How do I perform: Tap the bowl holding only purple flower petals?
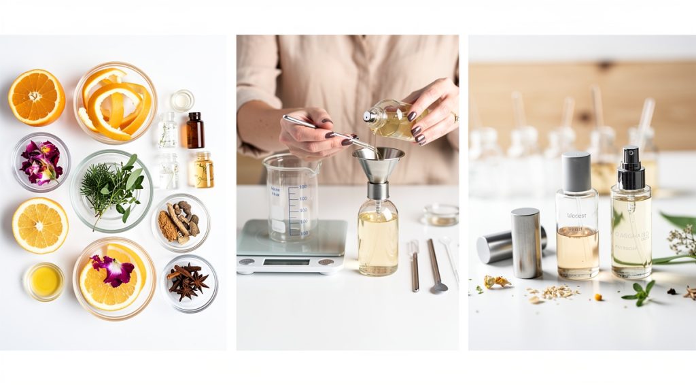(x=41, y=162)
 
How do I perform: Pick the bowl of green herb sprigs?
(x=111, y=190)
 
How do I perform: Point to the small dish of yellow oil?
(x=44, y=281)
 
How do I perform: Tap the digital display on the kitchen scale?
(x=286, y=262)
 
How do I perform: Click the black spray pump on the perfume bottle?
(x=631, y=168)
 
